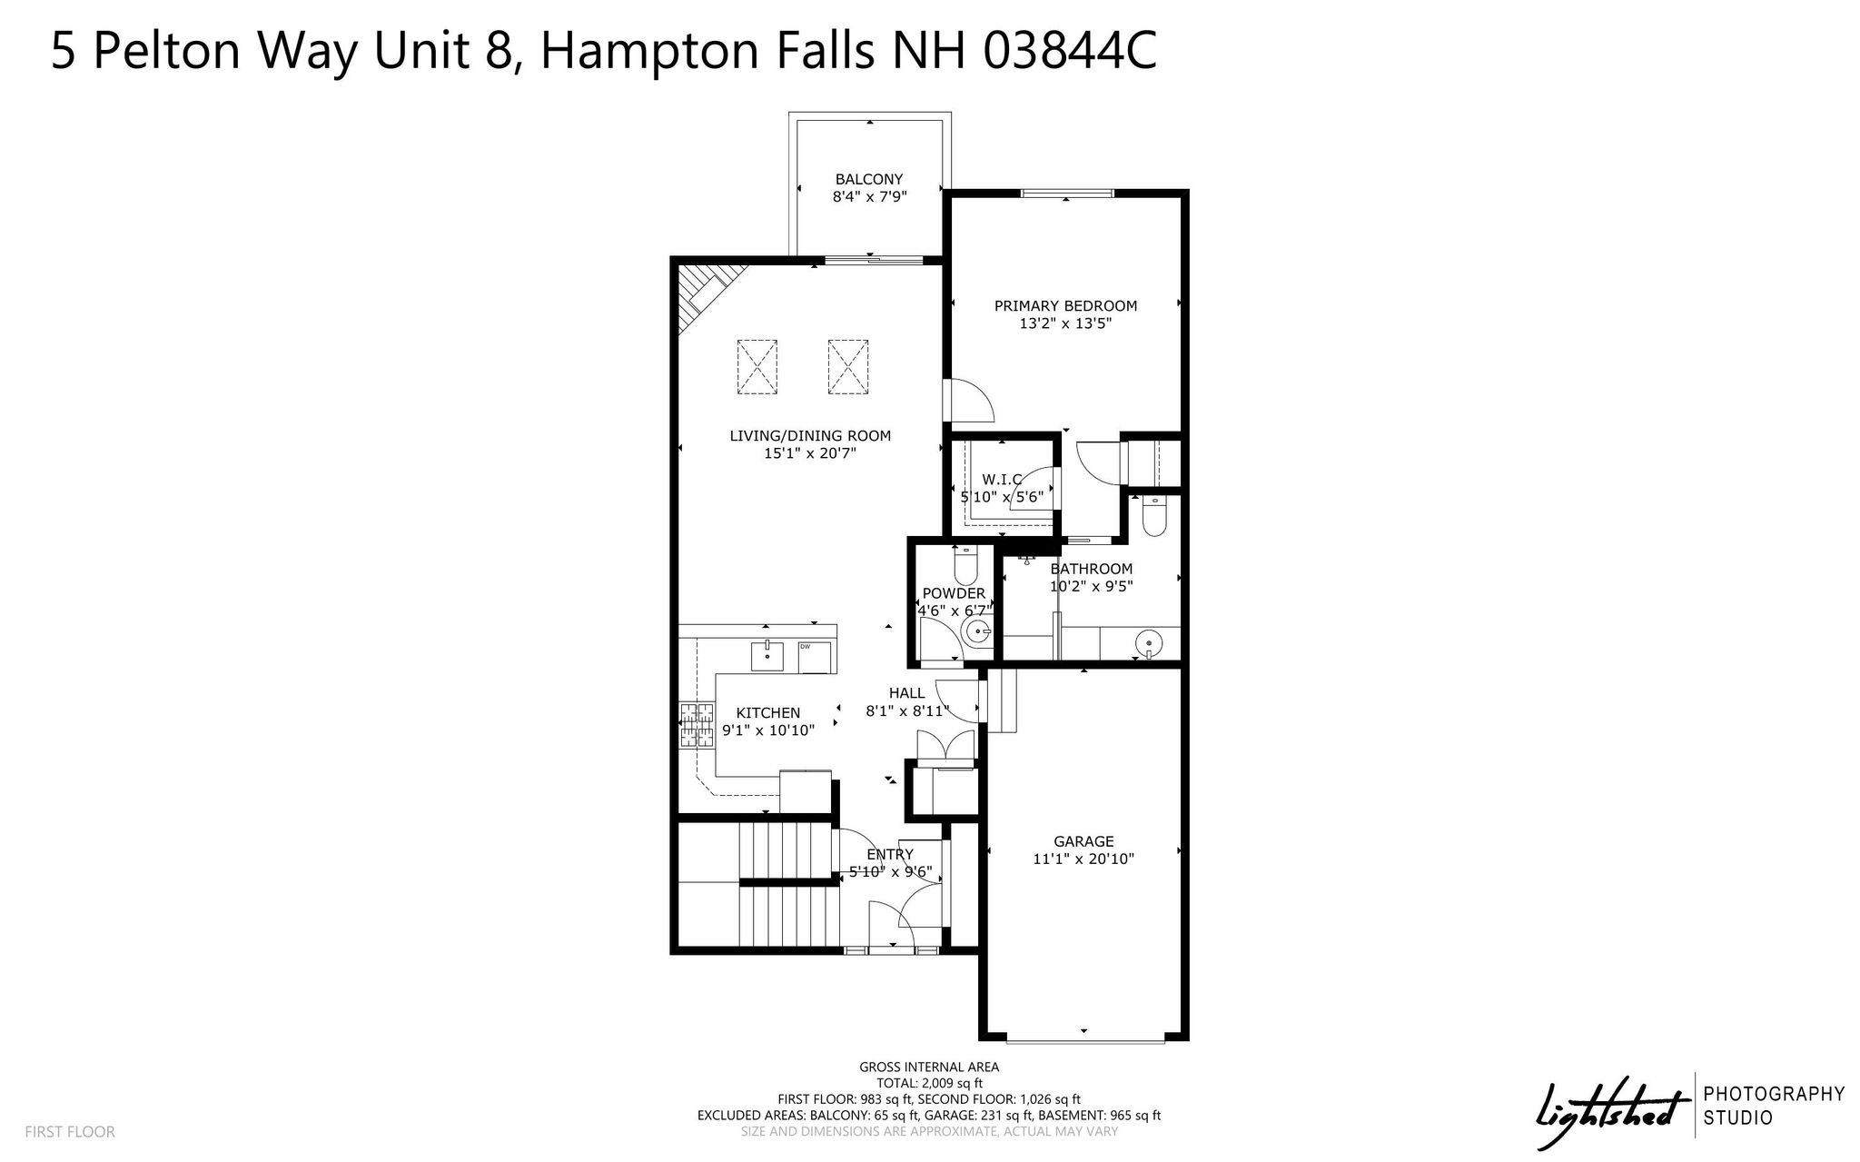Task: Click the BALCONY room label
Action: tap(869, 180)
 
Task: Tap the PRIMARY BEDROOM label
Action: tap(1065, 306)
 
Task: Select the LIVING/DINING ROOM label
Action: tap(810, 436)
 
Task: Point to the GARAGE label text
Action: tap(1083, 842)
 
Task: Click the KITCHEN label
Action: tap(768, 713)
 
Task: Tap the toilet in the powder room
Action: tap(965, 565)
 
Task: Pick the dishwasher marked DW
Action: tap(815, 657)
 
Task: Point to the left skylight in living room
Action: tap(757, 367)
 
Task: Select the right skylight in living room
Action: tap(848, 367)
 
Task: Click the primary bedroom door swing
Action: tap(970, 400)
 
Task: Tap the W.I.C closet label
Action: tap(1002, 479)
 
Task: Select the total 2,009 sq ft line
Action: tap(929, 1083)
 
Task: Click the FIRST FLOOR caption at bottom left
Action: tap(70, 1132)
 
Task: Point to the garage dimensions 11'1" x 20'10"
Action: tap(1083, 859)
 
